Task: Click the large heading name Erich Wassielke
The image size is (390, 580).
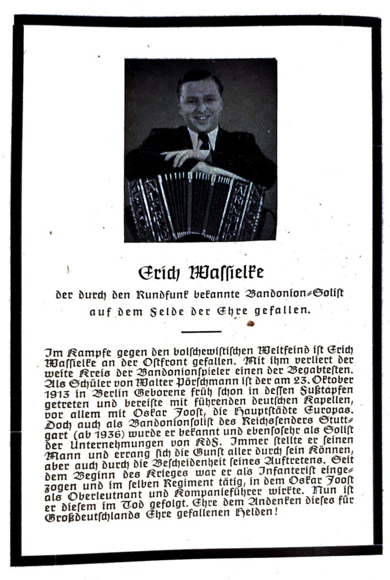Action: click(201, 272)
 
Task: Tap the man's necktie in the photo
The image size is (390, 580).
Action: click(203, 141)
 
